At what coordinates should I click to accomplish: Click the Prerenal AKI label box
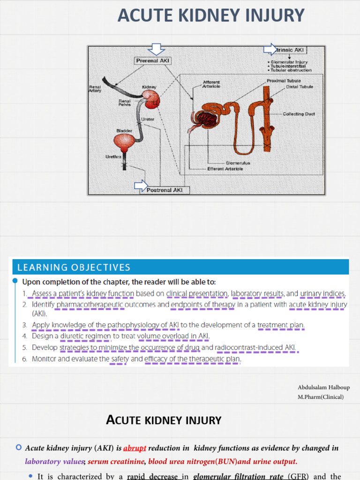(x=153, y=60)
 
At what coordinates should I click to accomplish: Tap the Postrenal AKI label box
(x=165, y=190)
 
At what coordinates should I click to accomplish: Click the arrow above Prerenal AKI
(x=156, y=49)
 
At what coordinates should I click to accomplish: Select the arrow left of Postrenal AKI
(x=141, y=186)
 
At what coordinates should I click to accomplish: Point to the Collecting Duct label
(x=299, y=114)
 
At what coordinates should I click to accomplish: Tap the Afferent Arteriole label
(x=211, y=84)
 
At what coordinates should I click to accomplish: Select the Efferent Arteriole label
(x=225, y=169)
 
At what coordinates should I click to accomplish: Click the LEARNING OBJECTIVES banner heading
(x=74, y=268)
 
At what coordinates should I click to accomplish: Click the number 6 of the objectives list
(x=24, y=359)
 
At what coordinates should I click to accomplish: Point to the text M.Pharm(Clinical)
(x=320, y=397)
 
